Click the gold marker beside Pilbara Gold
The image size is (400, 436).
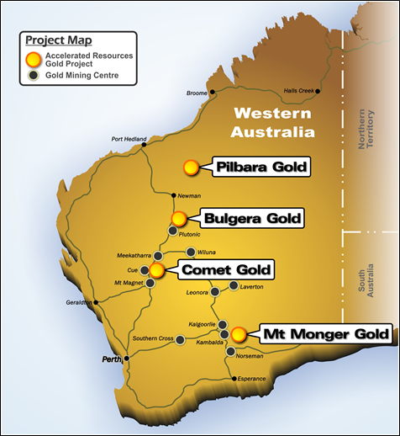pos(192,167)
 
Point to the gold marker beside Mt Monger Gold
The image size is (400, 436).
pos(239,334)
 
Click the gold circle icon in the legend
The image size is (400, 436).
pos(34,58)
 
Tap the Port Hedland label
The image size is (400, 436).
pos(129,140)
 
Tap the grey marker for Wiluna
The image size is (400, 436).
pos(191,252)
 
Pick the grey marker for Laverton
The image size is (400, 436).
pos(236,286)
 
